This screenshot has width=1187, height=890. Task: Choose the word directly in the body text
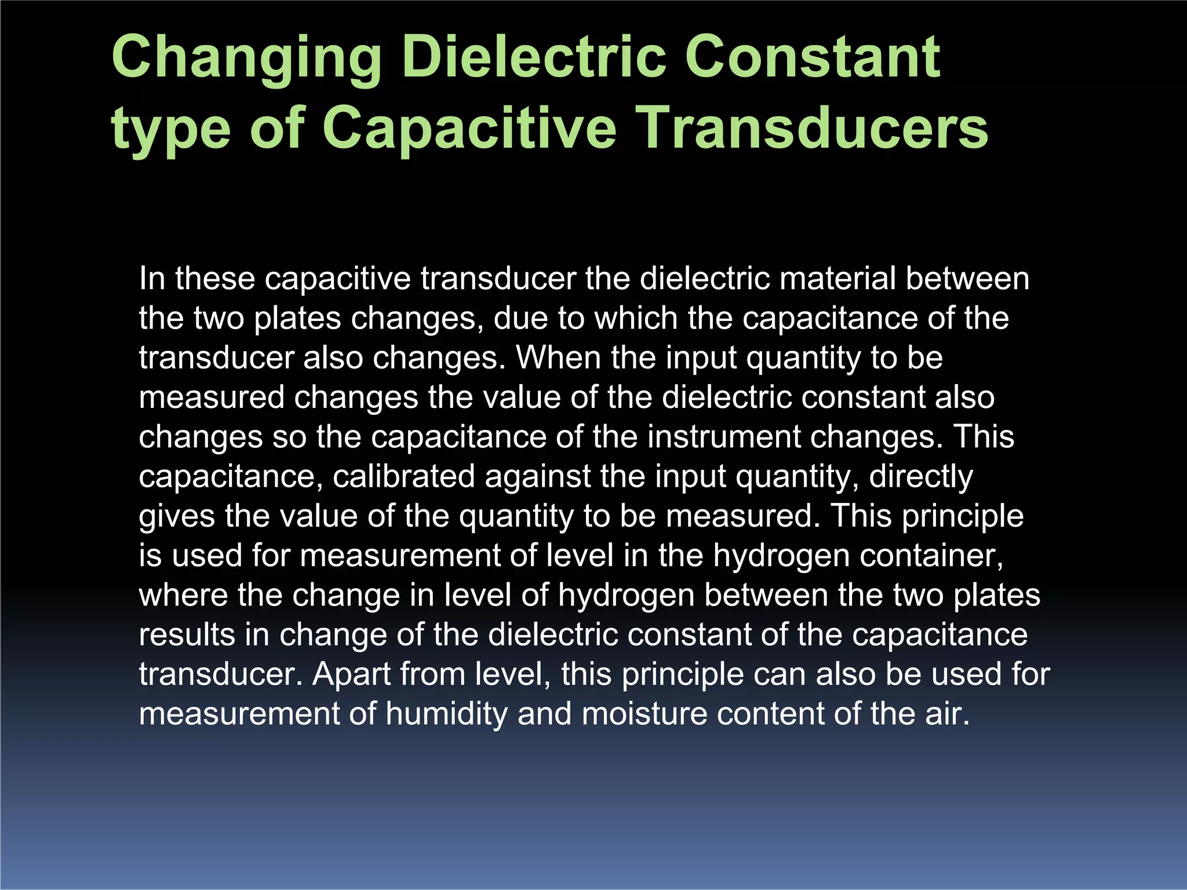(x=921, y=477)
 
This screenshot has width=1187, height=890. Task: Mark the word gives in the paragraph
(x=177, y=517)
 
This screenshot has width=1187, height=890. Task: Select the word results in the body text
(x=186, y=634)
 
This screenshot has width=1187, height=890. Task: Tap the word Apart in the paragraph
(x=351, y=675)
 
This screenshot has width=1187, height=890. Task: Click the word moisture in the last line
(x=644, y=713)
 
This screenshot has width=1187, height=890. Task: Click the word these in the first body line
(x=215, y=279)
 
